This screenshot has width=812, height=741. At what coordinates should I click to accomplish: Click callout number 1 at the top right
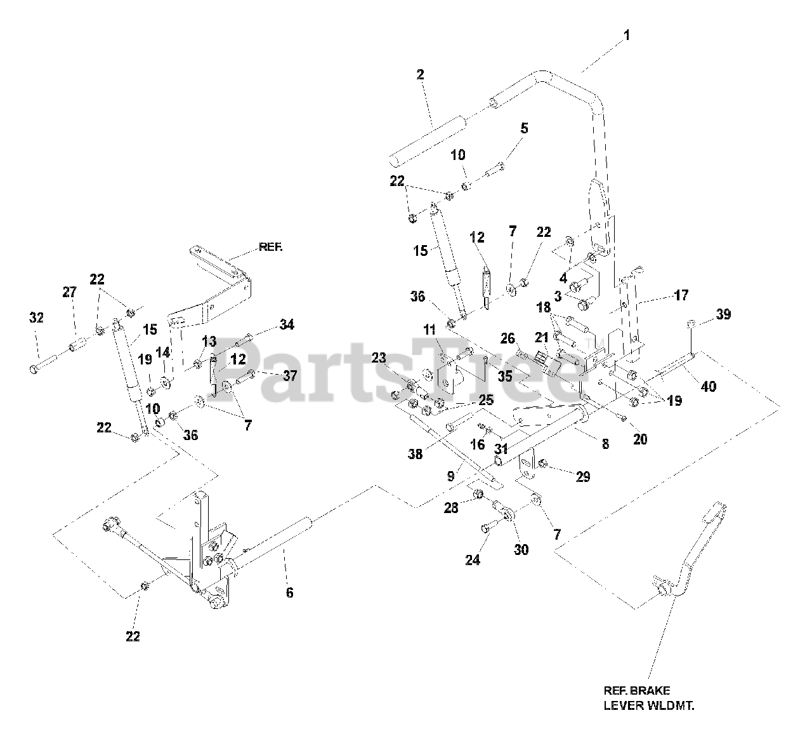[x=627, y=36]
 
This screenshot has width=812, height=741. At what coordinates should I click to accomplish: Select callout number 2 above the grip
[x=421, y=74]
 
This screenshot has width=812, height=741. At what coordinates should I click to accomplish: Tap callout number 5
[x=524, y=128]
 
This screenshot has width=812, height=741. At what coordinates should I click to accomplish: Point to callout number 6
[x=289, y=592]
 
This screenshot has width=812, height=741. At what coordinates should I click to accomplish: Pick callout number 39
[x=723, y=314]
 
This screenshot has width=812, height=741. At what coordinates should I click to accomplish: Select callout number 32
[x=37, y=317]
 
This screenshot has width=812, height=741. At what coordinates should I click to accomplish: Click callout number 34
[x=287, y=325]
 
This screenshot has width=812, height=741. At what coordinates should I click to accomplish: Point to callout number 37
[x=290, y=375]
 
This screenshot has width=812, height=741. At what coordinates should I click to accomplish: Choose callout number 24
[x=473, y=559]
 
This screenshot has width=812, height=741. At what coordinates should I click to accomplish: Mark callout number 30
[x=521, y=550]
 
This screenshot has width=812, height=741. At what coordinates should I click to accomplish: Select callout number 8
[x=605, y=444]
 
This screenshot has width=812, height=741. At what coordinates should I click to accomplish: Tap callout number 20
[x=640, y=438]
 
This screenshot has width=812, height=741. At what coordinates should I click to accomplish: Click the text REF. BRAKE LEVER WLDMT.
[x=653, y=697]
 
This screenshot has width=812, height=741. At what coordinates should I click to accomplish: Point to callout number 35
[x=504, y=376]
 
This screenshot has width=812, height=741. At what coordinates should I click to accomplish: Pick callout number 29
[x=582, y=477]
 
